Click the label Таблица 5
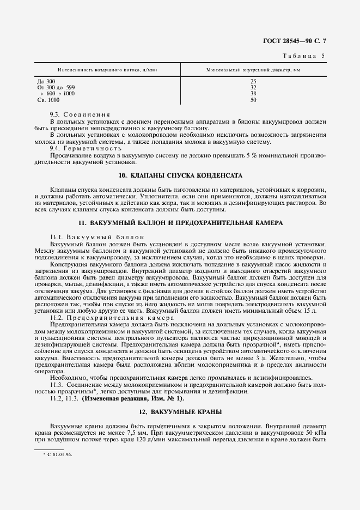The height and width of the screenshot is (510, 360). tap(305, 56)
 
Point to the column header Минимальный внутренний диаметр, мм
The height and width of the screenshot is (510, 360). tap(253, 70)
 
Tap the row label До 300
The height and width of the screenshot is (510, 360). tap(46, 81)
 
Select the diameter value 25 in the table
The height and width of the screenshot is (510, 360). tap(253, 81)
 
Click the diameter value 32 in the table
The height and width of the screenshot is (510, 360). tap(253, 87)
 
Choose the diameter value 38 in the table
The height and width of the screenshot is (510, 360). tap(253, 93)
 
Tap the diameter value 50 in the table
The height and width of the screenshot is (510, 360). tap(253, 100)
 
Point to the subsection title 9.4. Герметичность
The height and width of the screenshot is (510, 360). tap(82, 148)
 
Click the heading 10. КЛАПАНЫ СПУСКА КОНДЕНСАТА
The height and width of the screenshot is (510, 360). tap(180, 175)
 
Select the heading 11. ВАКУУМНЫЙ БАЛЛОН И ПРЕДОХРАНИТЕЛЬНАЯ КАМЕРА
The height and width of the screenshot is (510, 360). tap(180, 223)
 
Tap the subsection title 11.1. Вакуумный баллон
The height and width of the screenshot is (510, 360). tap(90, 236)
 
